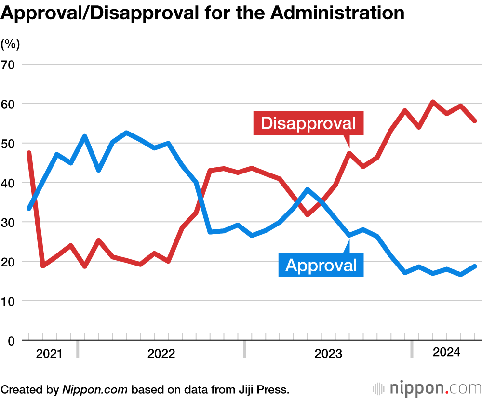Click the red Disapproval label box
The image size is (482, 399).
pyautogui.click(x=308, y=123)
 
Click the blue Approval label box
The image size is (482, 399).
pyautogui.click(x=321, y=265)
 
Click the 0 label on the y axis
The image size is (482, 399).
pyautogui.click(x=11, y=341)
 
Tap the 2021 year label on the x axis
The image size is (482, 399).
pyautogui.click(x=49, y=354)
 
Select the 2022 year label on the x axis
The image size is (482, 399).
pyautogui.click(x=161, y=354)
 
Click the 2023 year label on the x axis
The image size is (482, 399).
pyautogui.click(x=328, y=354)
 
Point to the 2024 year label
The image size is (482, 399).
pyautogui.click(x=446, y=353)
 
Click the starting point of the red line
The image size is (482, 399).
pyautogui.click(x=29, y=153)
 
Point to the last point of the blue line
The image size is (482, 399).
pyautogui.click(x=475, y=266)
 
